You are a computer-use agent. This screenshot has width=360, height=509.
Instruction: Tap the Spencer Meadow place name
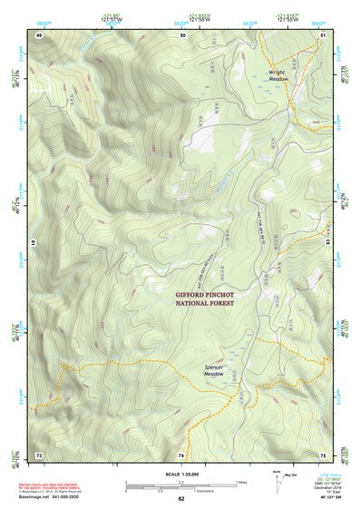coord(213,370)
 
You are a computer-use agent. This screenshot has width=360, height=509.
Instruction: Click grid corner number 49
coord(39,34)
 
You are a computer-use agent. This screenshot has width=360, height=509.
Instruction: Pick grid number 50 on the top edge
coord(182,34)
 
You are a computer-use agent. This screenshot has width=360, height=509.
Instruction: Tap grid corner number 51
coord(323,34)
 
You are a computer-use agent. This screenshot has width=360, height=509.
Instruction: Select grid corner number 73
coord(39,455)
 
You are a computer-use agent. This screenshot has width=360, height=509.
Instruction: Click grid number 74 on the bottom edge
coord(181,455)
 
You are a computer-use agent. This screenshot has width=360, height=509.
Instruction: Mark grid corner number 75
coord(323,455)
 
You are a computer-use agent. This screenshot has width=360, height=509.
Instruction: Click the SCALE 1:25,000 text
coord(181,475)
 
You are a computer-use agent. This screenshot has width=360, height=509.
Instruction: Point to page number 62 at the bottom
coord(181,499)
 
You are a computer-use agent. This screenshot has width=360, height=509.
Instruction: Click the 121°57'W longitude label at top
coord(112,17)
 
